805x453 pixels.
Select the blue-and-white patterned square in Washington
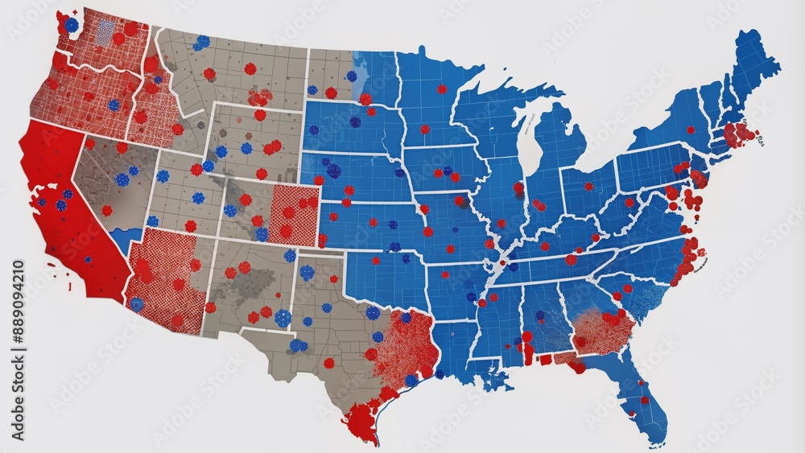[105, 33]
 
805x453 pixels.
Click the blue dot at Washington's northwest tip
[72, 25]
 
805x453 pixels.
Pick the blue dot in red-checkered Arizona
[137, 304]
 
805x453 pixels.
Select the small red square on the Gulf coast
[545, 359]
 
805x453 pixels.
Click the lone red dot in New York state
[690, 130]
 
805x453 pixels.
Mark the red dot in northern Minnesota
[441, 89]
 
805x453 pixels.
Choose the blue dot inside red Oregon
[114, 105]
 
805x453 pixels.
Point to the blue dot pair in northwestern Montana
[201, 41]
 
